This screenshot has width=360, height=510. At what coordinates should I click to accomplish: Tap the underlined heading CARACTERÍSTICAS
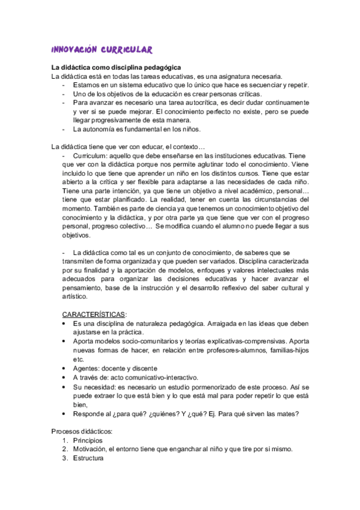tap(95, 314)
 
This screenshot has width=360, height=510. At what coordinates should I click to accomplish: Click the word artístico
tap(75, 296)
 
